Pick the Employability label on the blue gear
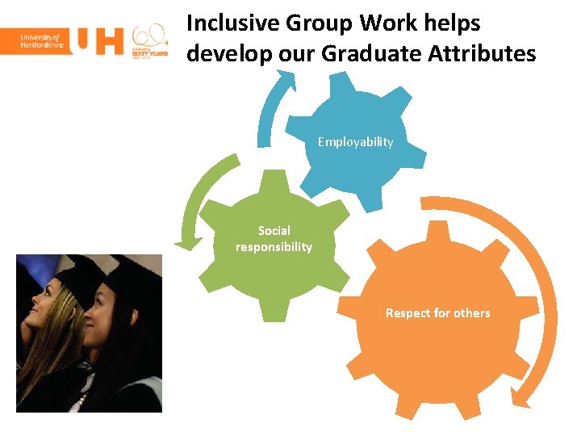[355, 142]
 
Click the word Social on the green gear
[274, 231]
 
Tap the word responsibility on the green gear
[274, 247]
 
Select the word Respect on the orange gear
[408, 313]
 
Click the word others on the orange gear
[467, 313]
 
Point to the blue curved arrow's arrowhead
[284, 78]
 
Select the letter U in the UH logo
[86, 41]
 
